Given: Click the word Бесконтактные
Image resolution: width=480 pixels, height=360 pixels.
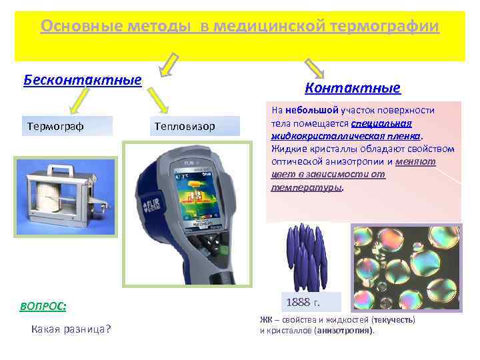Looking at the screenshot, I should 83,81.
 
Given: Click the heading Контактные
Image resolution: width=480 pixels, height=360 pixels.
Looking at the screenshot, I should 352,88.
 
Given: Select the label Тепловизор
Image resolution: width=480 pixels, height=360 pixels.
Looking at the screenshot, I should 184,126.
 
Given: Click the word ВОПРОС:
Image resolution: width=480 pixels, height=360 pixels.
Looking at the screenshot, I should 43,306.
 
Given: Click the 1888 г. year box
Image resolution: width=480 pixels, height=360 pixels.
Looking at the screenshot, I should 303,303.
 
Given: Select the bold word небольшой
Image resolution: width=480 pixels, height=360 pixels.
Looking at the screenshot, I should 312,110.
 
